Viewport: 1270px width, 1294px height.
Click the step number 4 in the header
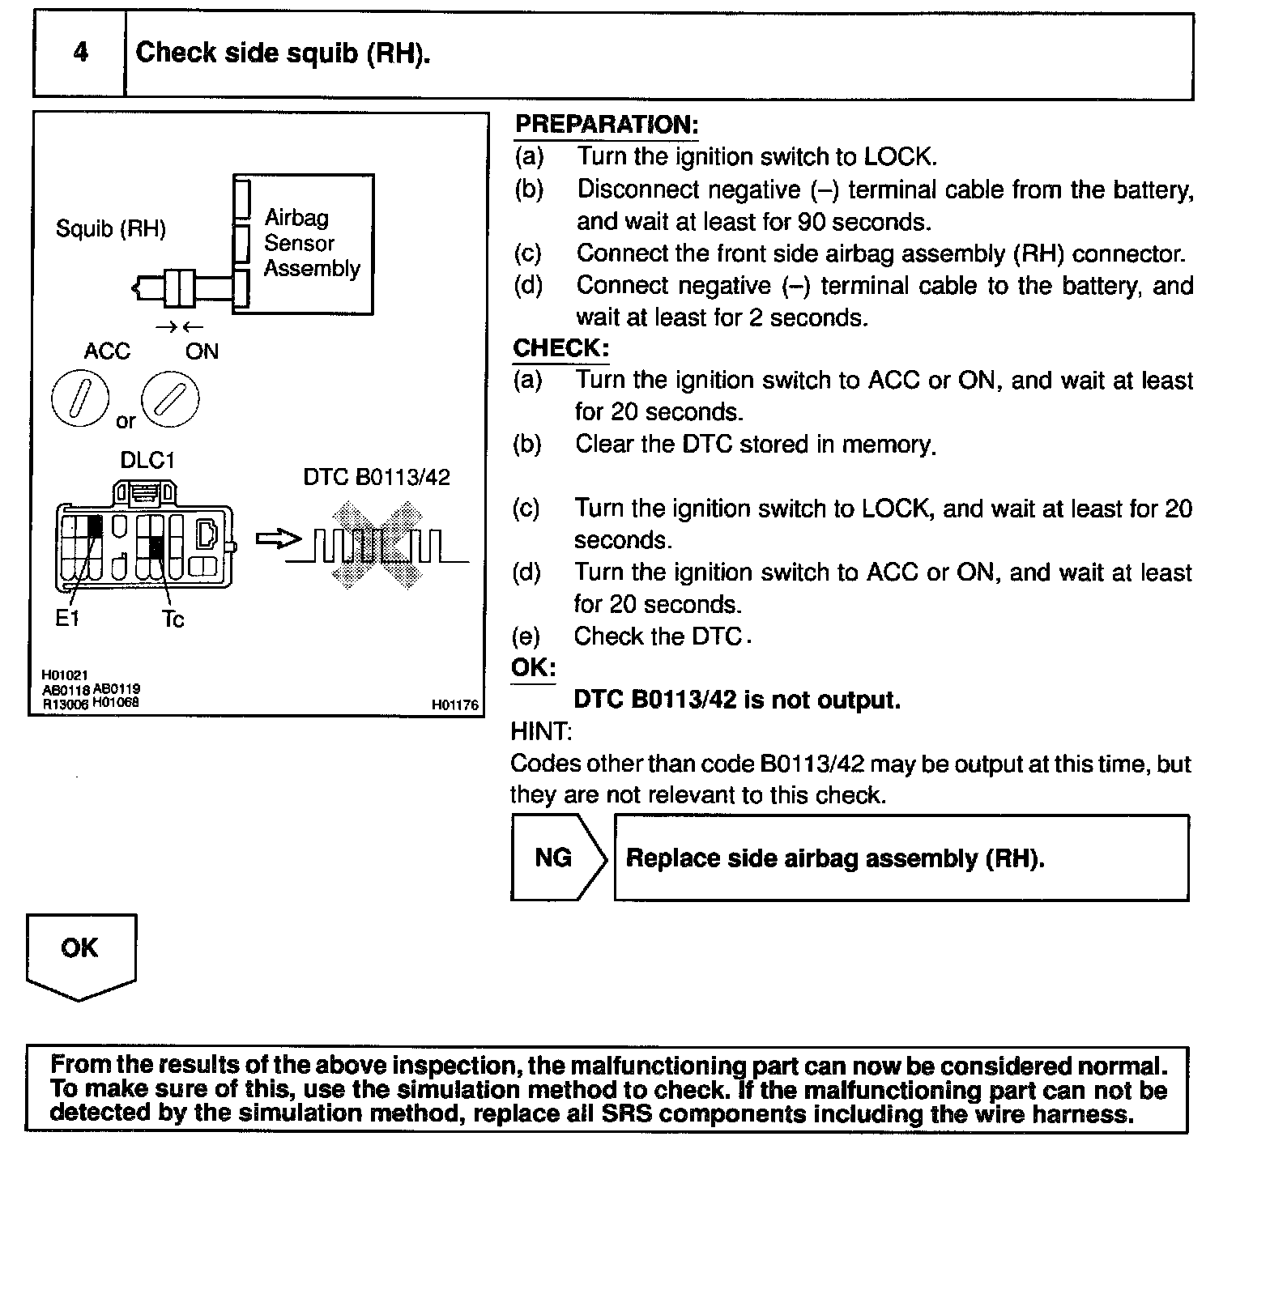pos(80,53)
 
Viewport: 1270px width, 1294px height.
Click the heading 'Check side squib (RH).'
pos(283,53)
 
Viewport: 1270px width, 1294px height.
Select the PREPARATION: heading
pos(606,125)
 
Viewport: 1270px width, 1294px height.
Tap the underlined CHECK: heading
pos(560,348)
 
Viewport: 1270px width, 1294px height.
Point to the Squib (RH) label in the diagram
pos(111,229)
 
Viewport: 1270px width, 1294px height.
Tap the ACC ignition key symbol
pos(79,401)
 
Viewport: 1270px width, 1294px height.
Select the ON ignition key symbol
pos(170,399)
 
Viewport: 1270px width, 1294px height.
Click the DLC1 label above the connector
pos(147,460)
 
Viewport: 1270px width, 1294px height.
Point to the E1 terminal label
pos(67,619)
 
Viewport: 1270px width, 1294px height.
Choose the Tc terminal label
pos(173,620)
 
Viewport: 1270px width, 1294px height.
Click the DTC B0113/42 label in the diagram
pos(376,477)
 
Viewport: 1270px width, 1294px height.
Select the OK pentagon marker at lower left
pos(80,953)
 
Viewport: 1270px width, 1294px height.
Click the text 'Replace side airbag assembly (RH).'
pos(835,858)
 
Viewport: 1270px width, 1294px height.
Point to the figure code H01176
pos(454,706)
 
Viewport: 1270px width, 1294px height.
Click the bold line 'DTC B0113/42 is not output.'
pos(736,700)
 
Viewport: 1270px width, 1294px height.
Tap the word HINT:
pos(541,731)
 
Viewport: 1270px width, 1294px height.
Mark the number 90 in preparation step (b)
pos(811,222)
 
